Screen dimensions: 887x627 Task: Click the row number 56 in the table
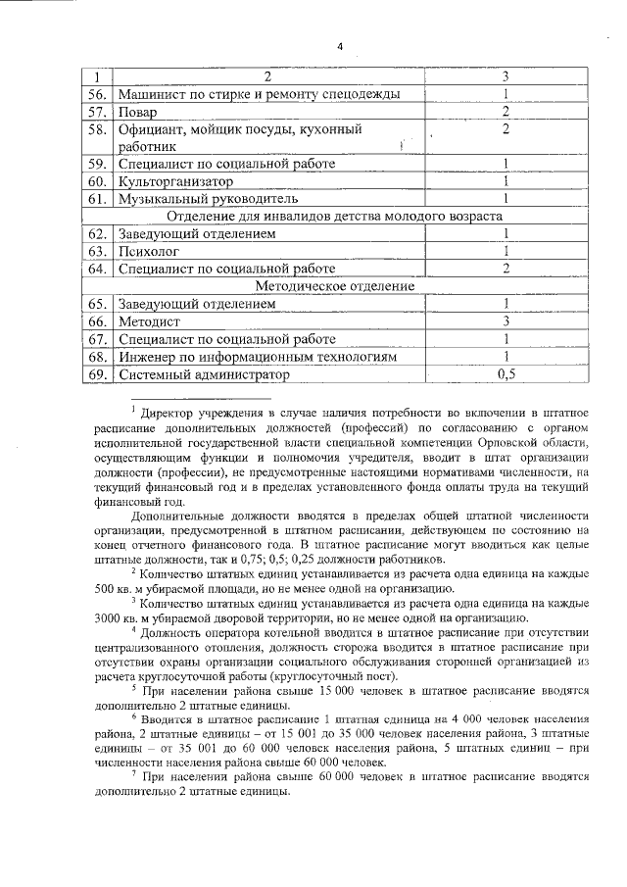coord(96,94)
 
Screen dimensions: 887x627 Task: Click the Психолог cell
coord(148,251)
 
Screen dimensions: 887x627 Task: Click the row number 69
coord(96,373)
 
